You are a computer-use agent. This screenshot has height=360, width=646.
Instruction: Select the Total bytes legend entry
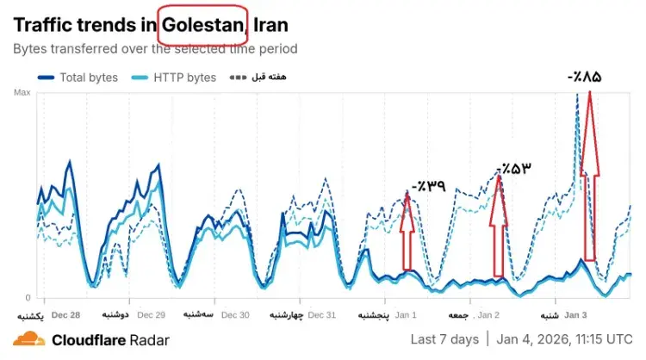81,78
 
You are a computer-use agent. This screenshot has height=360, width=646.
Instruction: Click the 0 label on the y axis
27,298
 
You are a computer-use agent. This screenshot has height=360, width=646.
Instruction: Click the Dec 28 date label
66,315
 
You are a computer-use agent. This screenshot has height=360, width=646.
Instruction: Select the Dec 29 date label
151,315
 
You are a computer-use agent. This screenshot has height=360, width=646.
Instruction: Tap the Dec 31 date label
320,315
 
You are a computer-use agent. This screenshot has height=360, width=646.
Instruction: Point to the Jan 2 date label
488,315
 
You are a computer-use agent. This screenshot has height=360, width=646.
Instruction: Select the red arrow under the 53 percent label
498,224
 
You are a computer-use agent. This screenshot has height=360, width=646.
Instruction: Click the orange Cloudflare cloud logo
28,338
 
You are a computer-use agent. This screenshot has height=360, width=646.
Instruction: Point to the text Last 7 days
444,338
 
